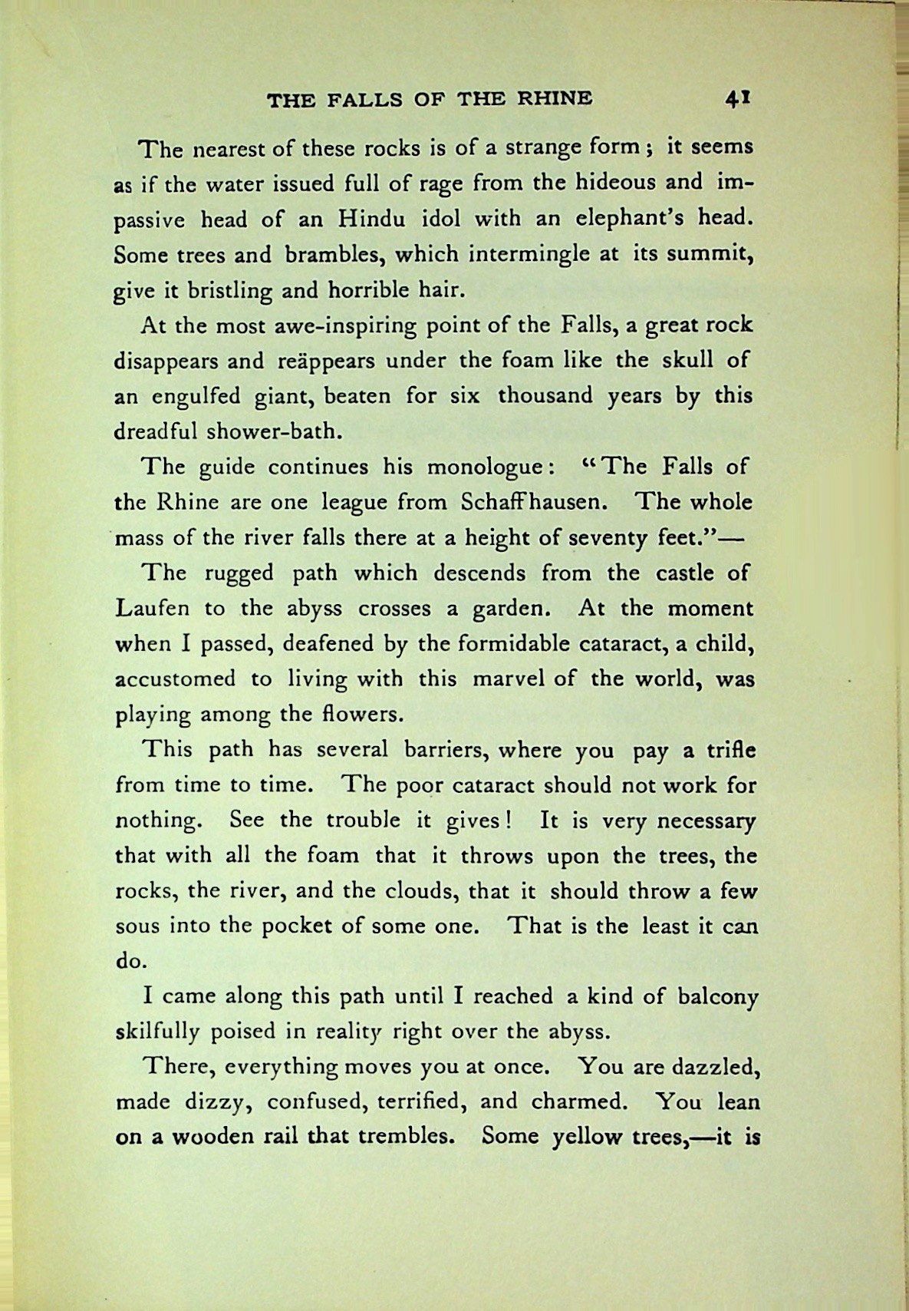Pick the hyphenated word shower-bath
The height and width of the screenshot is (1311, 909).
[x=272, y=431]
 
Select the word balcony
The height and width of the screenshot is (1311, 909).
[x=718, y=996]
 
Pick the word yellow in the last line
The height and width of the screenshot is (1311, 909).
[x=586, y=1137]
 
